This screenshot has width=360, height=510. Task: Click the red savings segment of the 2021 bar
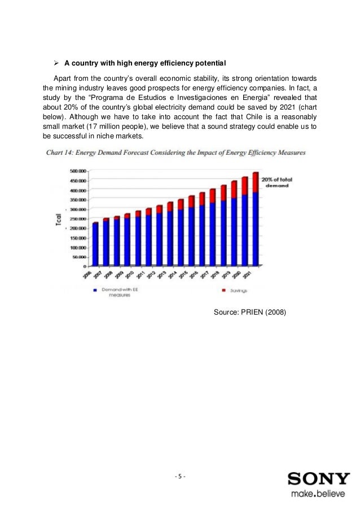coord(255,182)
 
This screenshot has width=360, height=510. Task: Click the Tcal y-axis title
coord(59,219)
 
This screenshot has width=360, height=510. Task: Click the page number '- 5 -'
coord(180,476)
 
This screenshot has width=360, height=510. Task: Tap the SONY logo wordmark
coord(319,479)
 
